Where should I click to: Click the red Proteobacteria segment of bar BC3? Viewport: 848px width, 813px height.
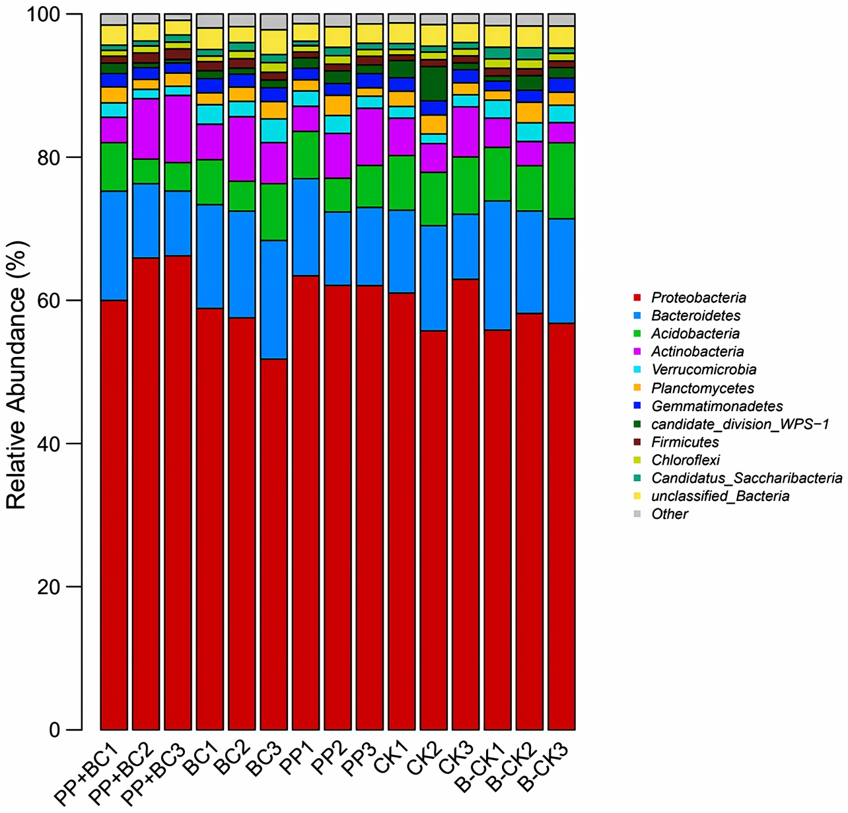coord(273,542)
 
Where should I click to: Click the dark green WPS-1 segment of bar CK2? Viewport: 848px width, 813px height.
coord(433,83)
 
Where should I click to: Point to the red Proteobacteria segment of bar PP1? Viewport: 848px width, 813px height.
coord(306,502)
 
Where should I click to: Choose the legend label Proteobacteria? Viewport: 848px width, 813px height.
coord(699,297)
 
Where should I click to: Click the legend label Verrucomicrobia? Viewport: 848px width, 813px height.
coord(703,369)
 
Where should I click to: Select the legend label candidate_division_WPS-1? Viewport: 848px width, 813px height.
coord(740,424)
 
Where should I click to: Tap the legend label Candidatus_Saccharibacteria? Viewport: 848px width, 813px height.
coord(746,478)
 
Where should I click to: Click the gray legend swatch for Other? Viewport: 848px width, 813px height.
coord(637,514)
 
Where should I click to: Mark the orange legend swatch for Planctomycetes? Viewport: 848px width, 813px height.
coord(637,387)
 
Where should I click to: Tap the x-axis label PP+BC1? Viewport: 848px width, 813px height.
coord(88,773)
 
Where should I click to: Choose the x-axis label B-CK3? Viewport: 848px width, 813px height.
coord(546,767)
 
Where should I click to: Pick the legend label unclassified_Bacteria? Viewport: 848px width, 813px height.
coord(720,496)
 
